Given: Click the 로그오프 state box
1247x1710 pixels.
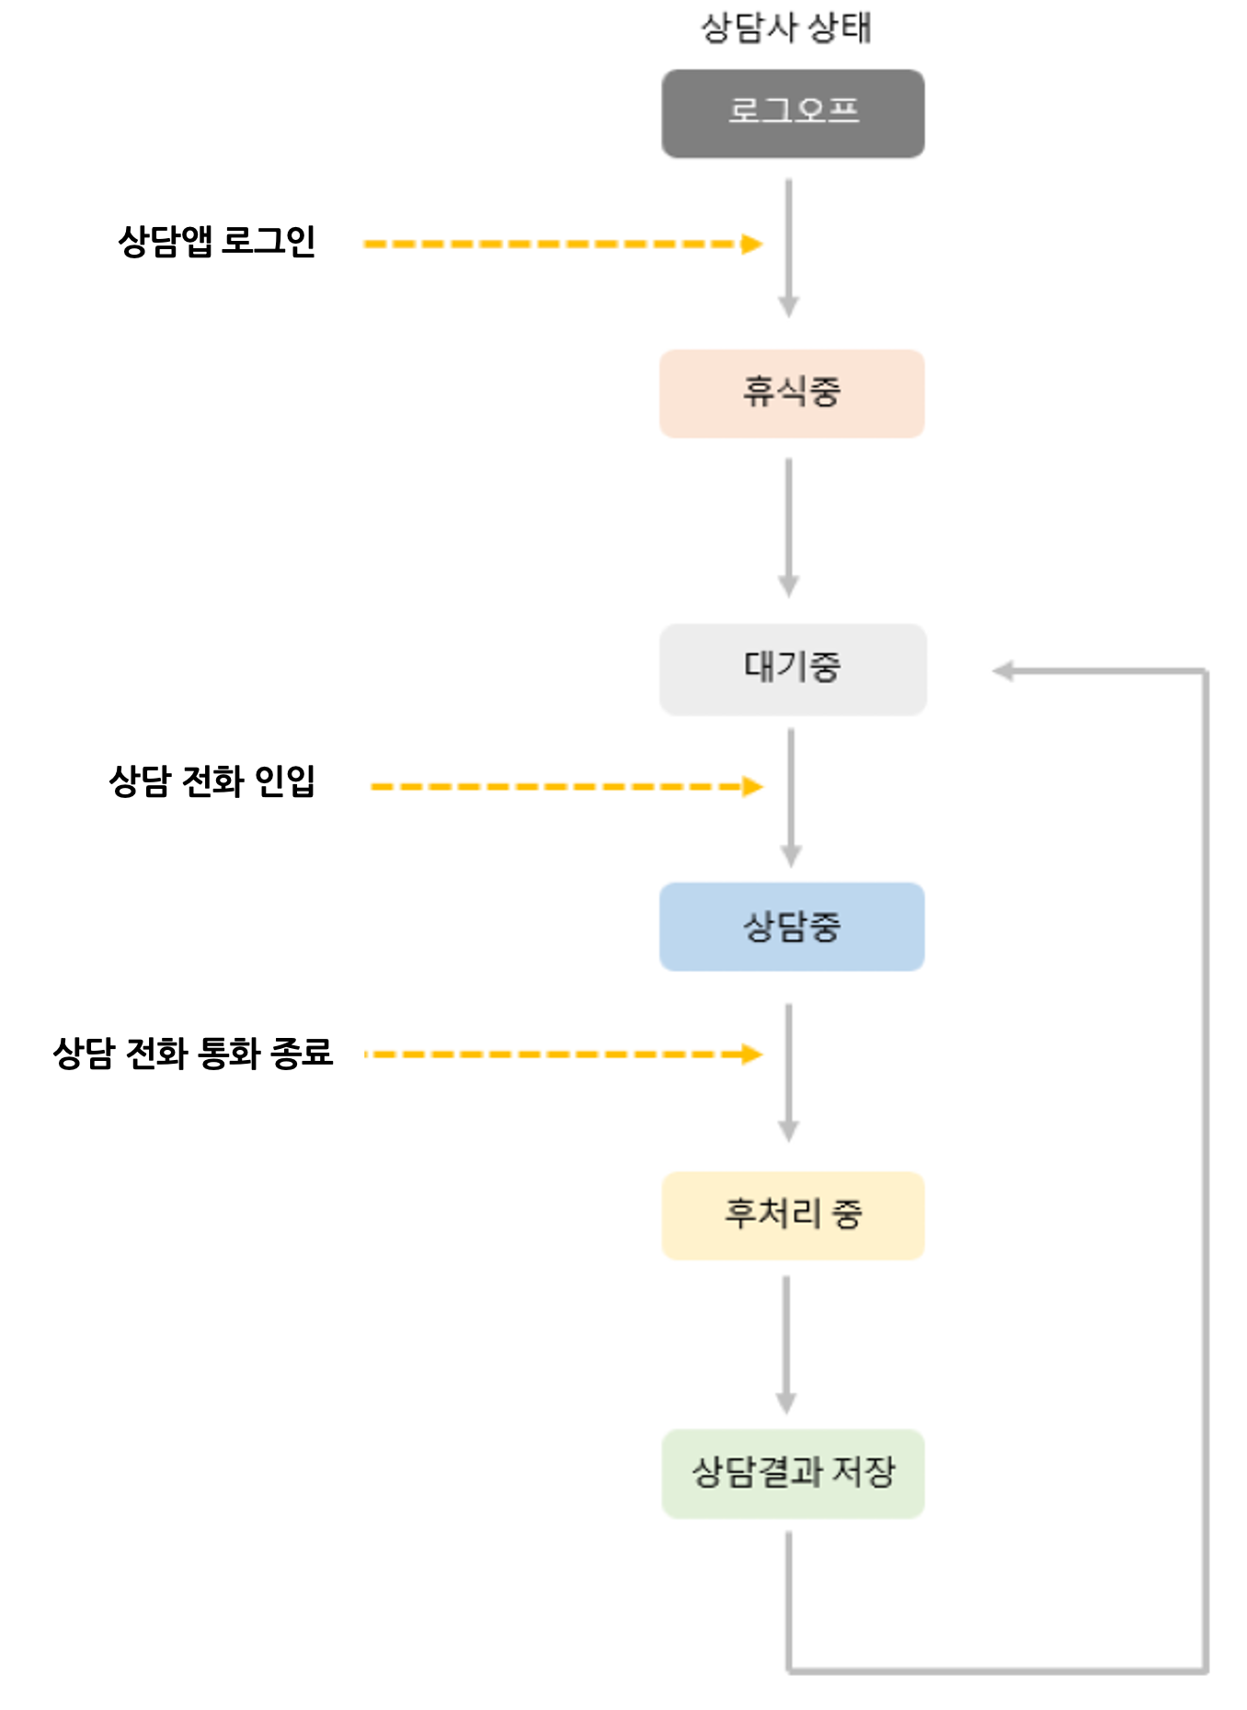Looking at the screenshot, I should pos(793,113).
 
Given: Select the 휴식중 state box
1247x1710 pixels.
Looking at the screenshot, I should pos(792,393).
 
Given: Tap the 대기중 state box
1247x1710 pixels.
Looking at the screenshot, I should pos(793,669).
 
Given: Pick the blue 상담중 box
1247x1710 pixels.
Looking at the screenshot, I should pos(792,927).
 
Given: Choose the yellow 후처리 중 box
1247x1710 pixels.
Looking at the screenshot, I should pos(793,1215).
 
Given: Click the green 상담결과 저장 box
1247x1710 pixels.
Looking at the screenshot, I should pos(793,1473).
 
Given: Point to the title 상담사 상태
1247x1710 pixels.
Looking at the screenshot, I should pos(785,28).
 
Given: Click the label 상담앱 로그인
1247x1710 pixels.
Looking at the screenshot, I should pos(217,242).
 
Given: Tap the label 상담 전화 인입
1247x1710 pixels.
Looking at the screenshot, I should pos(212,781).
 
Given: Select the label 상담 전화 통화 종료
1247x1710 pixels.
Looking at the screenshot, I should pos(193,1053).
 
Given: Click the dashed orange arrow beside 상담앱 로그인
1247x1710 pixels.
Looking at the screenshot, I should pos(563,244).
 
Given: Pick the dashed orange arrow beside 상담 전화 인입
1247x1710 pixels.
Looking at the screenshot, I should pos(566,787).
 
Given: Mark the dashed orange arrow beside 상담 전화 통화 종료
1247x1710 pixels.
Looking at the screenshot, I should pos(563,1054).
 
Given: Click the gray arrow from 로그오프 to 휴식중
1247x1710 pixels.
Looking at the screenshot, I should pos(788,248).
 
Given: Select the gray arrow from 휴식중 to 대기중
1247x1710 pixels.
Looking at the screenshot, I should pos(788,528).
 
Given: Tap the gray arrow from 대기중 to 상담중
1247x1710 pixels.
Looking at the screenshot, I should pos(791,797).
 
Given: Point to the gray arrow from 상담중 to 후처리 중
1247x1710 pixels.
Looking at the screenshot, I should pos(788,1073).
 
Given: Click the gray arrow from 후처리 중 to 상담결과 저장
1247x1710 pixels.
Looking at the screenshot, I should pos(786,1344).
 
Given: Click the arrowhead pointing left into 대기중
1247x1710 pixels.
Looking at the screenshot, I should pos(1003,671).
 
